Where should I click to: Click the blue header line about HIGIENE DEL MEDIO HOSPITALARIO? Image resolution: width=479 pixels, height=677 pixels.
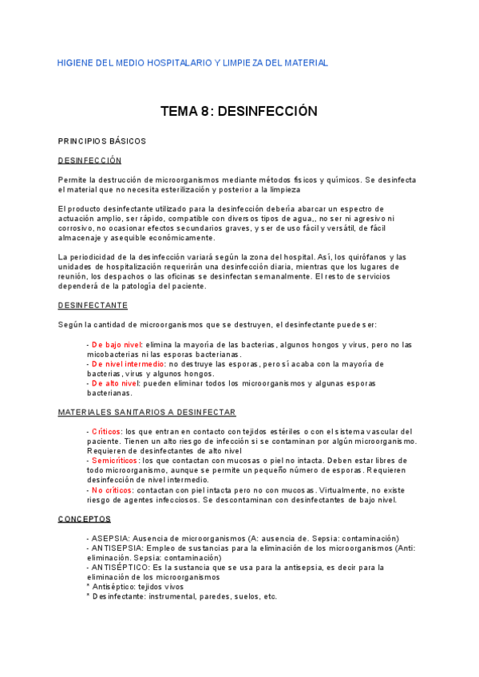192,63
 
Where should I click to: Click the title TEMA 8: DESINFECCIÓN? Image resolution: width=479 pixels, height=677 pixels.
239,112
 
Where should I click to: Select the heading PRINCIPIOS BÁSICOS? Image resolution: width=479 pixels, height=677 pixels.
102,141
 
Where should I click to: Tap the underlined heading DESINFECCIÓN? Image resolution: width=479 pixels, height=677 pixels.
89,160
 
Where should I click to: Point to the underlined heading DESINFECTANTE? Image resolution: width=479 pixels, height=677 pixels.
93,305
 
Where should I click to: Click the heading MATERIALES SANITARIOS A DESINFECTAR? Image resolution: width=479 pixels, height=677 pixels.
147,412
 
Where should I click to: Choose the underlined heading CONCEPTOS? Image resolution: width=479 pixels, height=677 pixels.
84,519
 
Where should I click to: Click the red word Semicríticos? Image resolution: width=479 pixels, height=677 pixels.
114,461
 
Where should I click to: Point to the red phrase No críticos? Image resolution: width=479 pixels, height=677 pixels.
111,490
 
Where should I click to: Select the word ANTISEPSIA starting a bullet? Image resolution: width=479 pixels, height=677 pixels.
117,548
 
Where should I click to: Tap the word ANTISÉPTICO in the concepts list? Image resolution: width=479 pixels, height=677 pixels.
120,568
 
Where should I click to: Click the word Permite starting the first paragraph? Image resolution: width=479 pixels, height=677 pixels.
73,180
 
